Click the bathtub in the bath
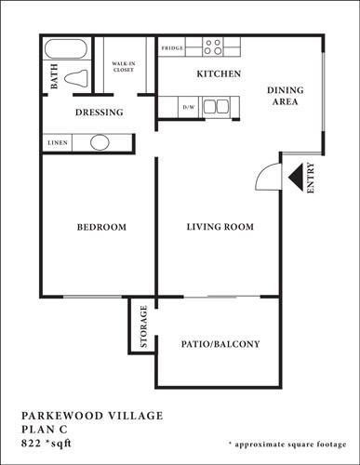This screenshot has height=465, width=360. (x=66, y=49)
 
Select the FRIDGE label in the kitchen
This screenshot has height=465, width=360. (x=171, y=46)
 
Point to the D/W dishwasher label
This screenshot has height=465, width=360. (x=189, y=108)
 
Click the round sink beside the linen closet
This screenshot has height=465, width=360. (x=99, y=143)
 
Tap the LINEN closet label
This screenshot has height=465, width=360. (x=56, y=143)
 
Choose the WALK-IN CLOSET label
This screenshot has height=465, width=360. (x=125, y=66)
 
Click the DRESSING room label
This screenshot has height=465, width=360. (x=99, y=113)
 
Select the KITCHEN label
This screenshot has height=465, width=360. (x=220, y=73)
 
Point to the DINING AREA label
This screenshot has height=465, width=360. (x=285, y=96)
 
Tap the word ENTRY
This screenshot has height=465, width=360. (x=311, y=178)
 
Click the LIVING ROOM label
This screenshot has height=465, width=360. (x=220, y=227)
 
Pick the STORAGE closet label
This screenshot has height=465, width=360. (x=144, y=326)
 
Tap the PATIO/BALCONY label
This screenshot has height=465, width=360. (x=220, y=344)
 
